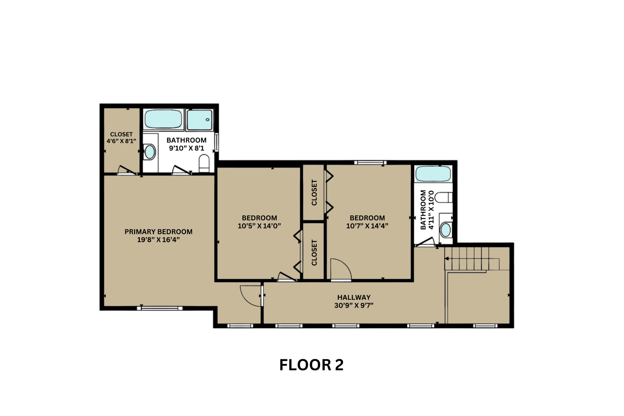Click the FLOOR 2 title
point(311,365)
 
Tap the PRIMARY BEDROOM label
point(158,232)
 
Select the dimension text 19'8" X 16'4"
point(158,240)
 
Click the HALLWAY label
point(354,297)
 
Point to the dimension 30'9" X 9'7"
point(354,305)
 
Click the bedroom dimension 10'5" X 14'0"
point(259,226)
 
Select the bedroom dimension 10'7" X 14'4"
point(367,226)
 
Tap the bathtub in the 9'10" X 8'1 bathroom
point(163,119)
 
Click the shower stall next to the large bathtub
point(200,120)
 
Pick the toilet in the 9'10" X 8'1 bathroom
point(204,163)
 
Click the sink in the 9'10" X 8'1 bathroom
point(150,152)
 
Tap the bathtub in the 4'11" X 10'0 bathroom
point(433,174)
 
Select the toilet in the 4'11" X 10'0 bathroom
point(443,198)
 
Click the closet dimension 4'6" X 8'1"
point(121,141)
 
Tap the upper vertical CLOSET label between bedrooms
point(314,193)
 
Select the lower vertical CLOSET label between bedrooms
point(314,253)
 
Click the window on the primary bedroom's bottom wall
point(160,308)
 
